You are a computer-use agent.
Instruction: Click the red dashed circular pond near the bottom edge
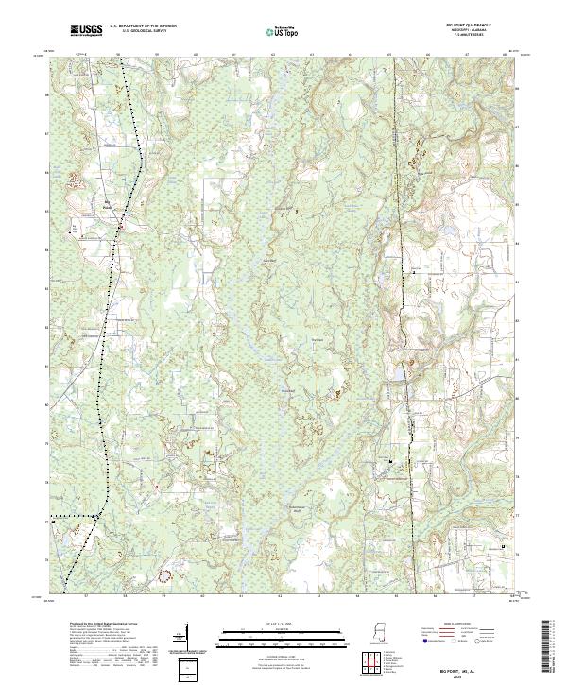tap(166, 573)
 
